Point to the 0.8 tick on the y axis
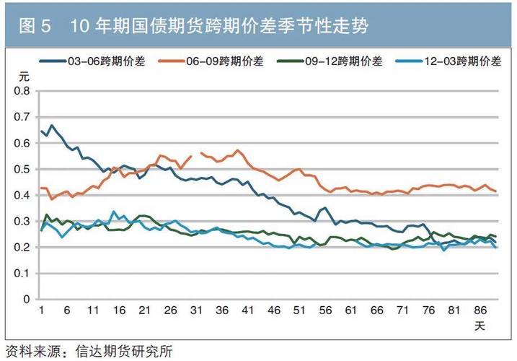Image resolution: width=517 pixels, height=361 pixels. [22, 92]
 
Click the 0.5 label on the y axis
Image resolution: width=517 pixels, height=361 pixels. [22, 170]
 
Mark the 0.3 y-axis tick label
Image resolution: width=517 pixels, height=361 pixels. [22, 222]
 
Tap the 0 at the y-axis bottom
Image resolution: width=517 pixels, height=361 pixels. [27, 299]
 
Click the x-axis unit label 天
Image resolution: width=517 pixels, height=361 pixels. [479, 326]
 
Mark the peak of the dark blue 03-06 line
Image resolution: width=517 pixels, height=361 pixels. [50, 126]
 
